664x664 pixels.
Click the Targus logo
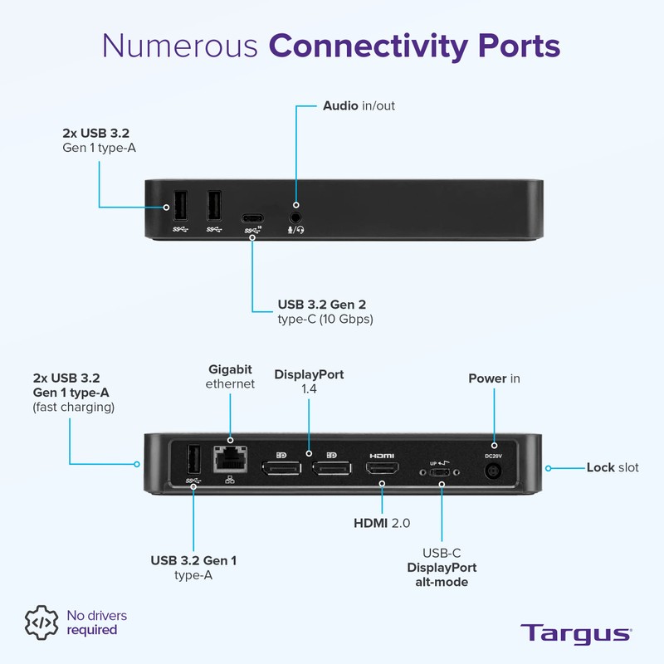(576, 634)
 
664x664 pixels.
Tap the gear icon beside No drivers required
(41, 622)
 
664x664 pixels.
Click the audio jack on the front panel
(295, 217)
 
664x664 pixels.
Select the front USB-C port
(252, 218)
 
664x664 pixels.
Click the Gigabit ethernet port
(230, 459)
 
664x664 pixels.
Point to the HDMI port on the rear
(382, 468)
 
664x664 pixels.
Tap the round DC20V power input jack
(493, 471)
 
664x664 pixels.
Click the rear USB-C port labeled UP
(440, 472)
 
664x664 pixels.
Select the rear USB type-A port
(193, 460)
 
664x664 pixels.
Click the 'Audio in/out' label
(359, 105)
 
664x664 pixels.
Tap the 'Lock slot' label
(613, 467)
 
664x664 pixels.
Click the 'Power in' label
(494, 378)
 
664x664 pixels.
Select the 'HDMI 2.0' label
(382, 523)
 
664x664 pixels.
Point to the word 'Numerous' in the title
(180, 46)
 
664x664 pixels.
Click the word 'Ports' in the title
(520, 46)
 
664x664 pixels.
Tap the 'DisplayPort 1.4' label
(309, 381)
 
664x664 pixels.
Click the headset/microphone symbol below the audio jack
(296, 230)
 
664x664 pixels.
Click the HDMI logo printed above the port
(382, 456)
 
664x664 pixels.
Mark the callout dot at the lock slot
(548, 468)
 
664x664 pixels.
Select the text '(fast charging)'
(74, 407)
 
